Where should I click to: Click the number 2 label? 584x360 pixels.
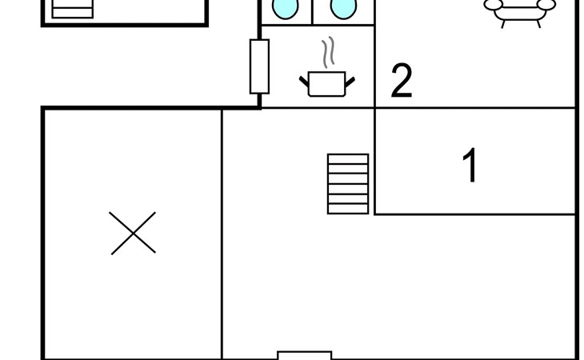coord(402,81)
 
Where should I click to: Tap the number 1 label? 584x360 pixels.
coord(471,166)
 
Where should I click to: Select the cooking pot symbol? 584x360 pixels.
coord(326,83)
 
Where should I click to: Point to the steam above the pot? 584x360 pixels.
coord(327,53)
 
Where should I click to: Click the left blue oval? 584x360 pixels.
coord(285,8)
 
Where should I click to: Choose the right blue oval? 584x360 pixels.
coord(343,8)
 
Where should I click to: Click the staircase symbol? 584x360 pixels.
coord(348,184)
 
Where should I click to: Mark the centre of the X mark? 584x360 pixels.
coord(133,234)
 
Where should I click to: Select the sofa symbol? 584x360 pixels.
coord(520,10)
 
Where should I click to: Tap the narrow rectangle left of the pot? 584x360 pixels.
coord(259,66)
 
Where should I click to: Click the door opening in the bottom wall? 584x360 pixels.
coord(304,354)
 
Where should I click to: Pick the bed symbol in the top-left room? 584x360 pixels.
coord(72,9)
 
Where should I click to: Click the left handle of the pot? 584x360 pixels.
coord(304,80)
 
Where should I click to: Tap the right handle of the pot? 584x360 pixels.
coord(350,80)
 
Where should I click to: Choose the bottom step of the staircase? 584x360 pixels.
coord(348,209)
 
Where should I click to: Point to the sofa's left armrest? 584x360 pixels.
coord(494,5)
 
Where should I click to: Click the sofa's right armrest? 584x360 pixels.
coord(546,5)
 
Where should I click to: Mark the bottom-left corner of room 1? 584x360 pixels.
coord(375,214)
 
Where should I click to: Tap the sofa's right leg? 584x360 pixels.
coord(537,23)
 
